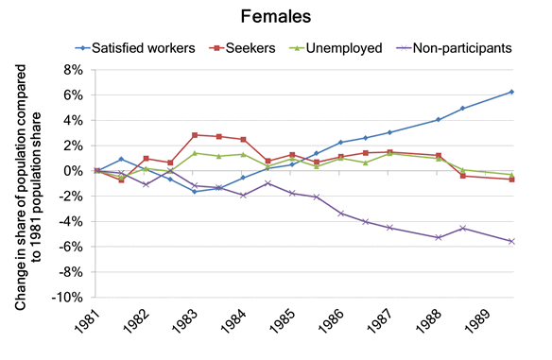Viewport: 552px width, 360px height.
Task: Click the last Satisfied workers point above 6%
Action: (511, 92)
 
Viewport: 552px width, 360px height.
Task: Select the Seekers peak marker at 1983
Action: (194, 135)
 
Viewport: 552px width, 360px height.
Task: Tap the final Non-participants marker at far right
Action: (511, 241)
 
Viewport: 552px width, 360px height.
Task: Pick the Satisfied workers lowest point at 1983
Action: (194, 191)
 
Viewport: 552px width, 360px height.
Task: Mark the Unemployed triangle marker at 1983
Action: (194, 153)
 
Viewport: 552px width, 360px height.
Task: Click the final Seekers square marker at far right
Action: (511, 179)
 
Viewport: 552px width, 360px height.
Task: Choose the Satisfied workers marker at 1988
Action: (438, 119)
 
